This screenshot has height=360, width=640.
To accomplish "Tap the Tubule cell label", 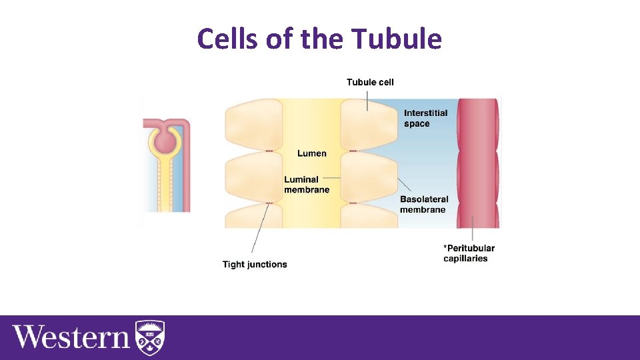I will click(x=370, y=83).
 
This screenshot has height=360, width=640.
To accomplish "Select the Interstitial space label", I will click(x=425, y=118).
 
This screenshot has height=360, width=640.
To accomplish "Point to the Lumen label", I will click(x=312, y=153).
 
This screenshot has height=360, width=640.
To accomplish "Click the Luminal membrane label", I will click(x=307, y=184).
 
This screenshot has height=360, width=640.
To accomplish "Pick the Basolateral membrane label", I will click(x=424, y=204).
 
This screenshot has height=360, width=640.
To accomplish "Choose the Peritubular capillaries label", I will click(x=469, y=253).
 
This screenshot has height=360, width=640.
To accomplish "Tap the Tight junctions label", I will click(x=255, y=265).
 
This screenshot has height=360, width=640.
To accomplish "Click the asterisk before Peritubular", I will click(x=445, y=248).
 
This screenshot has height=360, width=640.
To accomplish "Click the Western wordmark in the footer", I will click(x=71, y=337).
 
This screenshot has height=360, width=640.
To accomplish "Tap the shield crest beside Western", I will click(x=150, y=337).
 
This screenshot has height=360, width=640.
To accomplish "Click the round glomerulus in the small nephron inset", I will click(x=164, y=141).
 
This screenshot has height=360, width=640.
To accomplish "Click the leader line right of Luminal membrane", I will click(x=335, y=179).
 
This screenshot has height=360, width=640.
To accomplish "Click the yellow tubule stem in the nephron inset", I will click(x=164, y=187).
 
